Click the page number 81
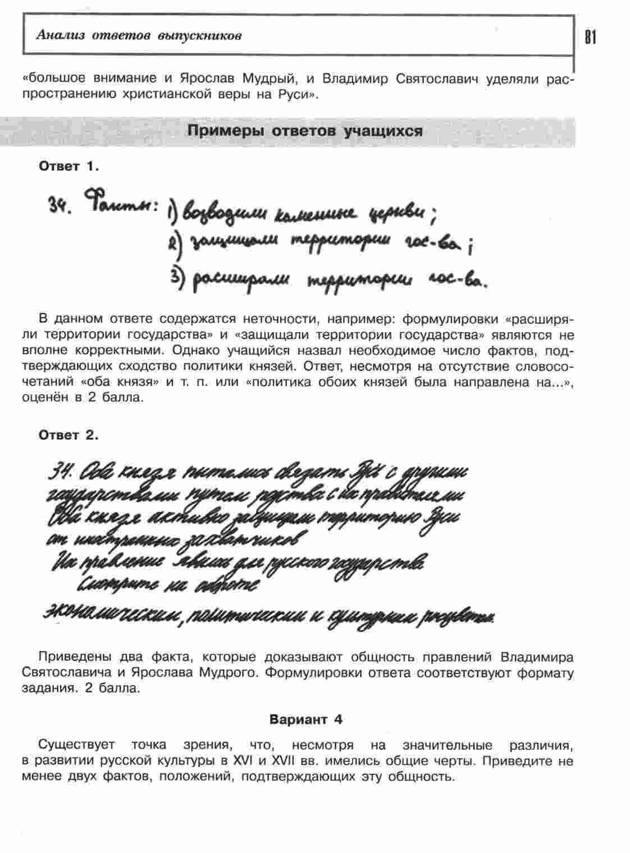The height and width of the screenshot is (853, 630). click(590, 37)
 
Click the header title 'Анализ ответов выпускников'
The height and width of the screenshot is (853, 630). click(139, 35)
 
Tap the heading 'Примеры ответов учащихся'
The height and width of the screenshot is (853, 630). click(305, 131)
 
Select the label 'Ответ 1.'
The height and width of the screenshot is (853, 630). click(69, 166)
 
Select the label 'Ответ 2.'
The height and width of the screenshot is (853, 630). click(69, 435)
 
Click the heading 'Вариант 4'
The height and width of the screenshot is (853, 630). click(306, 719)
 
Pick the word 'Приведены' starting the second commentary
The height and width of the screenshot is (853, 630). click(74, 657)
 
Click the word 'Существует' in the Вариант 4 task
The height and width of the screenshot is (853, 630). click(76, 745)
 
